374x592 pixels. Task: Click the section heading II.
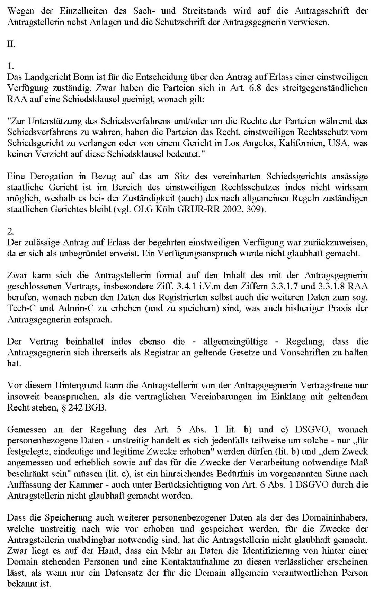tap(11, 44)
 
